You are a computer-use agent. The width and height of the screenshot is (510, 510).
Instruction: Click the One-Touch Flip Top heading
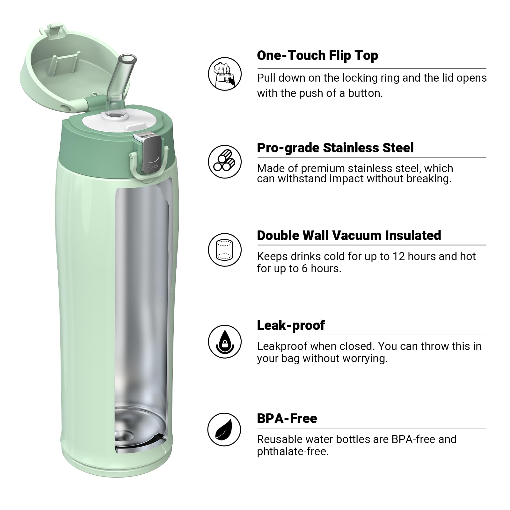pos(317,55)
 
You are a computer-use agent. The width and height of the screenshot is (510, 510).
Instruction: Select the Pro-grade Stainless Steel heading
pos(335,148)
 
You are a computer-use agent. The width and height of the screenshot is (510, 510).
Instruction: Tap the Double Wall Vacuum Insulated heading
pos(349,236)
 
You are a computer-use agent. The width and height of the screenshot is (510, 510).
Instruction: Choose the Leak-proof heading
pos(291,325)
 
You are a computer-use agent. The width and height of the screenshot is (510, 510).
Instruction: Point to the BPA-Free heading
pos(287,419)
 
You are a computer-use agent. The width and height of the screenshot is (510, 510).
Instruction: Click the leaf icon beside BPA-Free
pos(224,429)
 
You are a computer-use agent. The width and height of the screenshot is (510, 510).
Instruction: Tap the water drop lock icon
pos(225,342)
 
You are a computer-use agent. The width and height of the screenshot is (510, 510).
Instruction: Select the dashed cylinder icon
pos(224,250)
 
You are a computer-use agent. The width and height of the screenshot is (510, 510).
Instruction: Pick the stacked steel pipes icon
pos(224,162)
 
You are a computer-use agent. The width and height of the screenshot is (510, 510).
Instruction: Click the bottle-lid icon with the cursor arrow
pos(224,74)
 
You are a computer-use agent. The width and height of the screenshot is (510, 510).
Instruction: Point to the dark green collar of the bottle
pos(96,147)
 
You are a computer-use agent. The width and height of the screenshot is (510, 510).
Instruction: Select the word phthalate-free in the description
pos(292,452)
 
